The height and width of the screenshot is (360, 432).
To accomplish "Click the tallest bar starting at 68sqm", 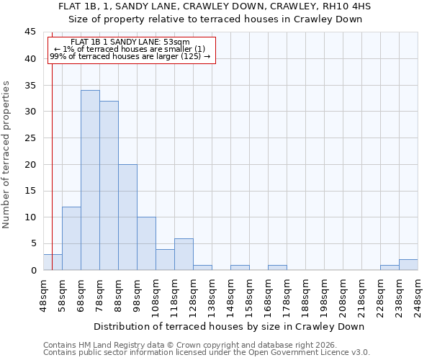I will click(90, 180).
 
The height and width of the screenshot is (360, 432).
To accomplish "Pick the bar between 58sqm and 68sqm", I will click(71, 238).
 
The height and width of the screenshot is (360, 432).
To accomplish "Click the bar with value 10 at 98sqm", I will click(146, 243).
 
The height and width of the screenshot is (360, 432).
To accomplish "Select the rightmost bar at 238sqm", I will click(408, 265).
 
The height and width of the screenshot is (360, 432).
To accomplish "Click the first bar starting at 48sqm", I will click(53, 262).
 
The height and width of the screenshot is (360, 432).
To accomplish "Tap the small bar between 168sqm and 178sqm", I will click(277, 268).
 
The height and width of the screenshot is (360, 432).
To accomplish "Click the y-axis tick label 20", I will click(30, 164).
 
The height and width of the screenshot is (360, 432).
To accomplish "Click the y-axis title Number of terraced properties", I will click(7, 155).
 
